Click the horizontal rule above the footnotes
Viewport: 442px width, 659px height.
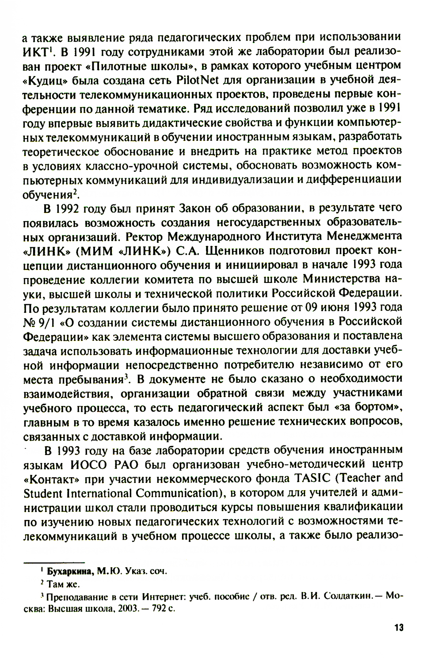coord(53,562)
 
